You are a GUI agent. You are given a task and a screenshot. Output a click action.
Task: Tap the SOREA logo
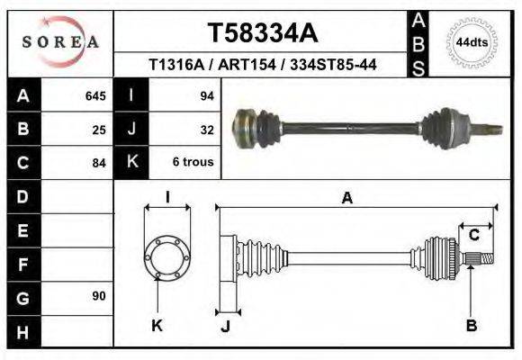pos(60,42)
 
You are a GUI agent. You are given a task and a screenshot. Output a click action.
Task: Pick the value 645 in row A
pos(94,96)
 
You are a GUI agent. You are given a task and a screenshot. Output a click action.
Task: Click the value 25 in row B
pos(99,130)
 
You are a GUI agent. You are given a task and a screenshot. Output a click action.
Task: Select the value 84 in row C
pos(99,163)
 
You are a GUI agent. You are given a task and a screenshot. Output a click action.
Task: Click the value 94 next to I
pos(206,96)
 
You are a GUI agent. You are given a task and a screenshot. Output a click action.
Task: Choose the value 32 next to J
pos(206,130)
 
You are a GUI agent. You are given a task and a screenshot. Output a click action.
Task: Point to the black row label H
pos(23,331)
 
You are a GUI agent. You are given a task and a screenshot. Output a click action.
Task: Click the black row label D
pos(23,196)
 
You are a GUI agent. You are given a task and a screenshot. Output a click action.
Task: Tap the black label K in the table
pos(131,163)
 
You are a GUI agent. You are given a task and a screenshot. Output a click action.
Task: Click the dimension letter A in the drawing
pos(346,199)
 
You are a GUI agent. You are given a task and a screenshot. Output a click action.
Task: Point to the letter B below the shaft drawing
pos(471,326)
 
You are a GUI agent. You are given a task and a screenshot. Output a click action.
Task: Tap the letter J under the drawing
pos(227,326)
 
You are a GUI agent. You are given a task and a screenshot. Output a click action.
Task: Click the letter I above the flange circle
pos(167,198)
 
